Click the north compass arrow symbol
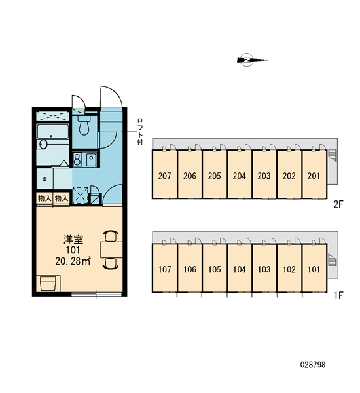coord(253,60)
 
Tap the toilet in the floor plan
coord(84,125)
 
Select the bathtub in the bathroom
coord(53,132)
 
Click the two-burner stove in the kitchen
coord(77,159)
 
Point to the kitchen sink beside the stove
coord(91,160)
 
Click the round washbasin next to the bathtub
coord(43,144)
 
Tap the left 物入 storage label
coord(45,198)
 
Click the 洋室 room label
coord(73,240)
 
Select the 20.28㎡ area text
coord(73,261)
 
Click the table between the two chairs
coord(111,250)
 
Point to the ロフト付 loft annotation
coord(140,132)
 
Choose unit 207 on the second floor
coord(164,176)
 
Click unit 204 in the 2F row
coord(240,176)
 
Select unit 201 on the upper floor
coord(314,176)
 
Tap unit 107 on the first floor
coord(164,269)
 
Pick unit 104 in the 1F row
coord(240,269)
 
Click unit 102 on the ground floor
coord(289,269)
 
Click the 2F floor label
coord(338,204)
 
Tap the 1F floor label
coord(338,296)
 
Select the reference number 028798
coord(313,364)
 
